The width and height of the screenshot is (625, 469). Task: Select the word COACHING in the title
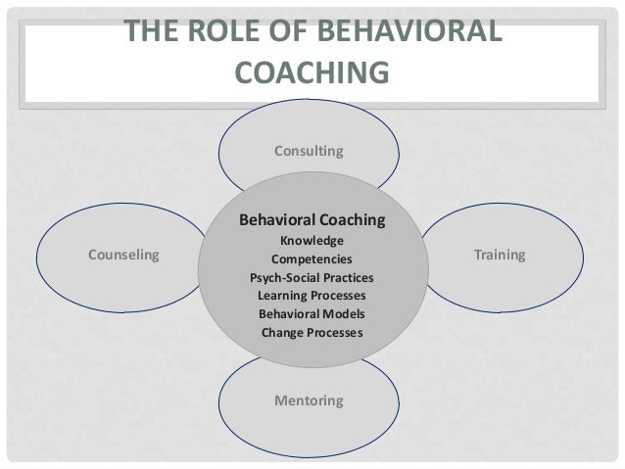tap(312, 73)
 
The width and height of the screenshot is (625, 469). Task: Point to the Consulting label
tap(308, 151)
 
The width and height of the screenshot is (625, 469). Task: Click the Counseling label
tap(123, 255)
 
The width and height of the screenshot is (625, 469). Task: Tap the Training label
tap(500, 255)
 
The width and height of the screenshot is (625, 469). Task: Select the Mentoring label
tap(308, 400)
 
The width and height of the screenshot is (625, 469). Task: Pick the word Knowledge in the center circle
tap(312, 242)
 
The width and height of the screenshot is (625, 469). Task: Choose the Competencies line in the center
tap(312, 259)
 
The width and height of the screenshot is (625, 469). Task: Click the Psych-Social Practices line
tap(312, 277)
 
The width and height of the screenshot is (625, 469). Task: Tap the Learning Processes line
tap(312, 295)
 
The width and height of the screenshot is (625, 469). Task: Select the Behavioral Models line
tap(312, 313)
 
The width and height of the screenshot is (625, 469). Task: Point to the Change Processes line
tap(312, 332)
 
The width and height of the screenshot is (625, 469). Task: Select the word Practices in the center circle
tap(346, 277)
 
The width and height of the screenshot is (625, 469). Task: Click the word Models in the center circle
tap(344, 313)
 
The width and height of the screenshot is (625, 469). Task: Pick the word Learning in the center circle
tap(281, 295)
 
